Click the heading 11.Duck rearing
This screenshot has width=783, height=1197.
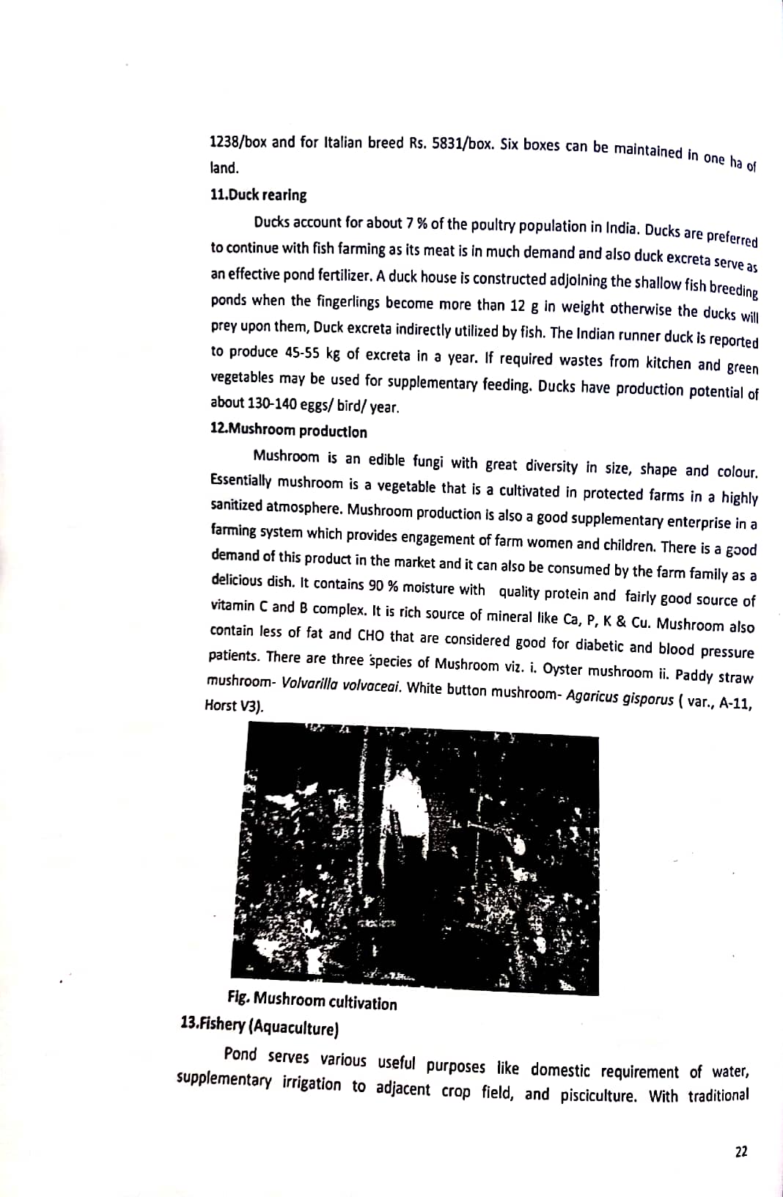(258, 195)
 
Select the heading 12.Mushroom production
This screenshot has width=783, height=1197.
(288, 431)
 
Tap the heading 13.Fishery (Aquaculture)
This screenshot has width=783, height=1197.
(259, 1027)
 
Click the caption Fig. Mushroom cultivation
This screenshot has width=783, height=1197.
(312, 1000)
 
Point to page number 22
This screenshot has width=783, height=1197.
(741, 1152)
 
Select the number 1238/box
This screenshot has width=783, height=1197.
(238, 141)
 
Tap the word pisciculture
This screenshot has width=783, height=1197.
(598, 1096)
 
